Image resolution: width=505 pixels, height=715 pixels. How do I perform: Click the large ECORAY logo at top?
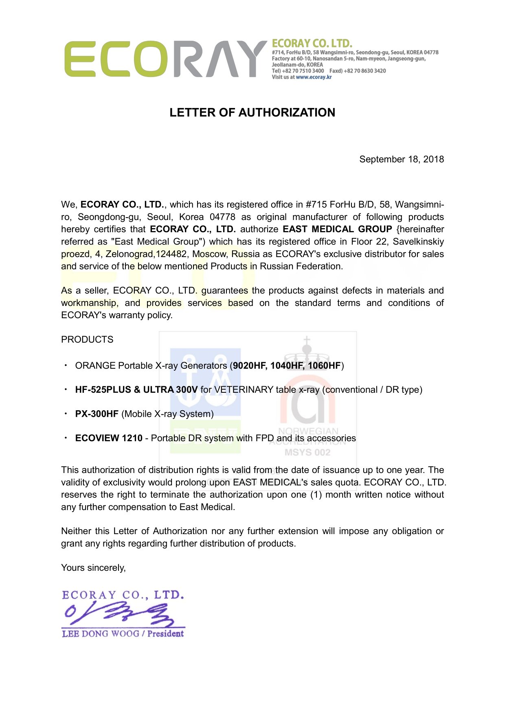165,59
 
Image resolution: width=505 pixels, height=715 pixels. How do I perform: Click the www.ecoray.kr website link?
314,77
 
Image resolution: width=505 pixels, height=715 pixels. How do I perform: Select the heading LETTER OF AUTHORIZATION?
252,112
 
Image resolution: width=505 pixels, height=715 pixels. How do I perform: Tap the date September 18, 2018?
401,159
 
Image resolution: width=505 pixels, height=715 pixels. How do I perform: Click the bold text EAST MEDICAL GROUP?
337,229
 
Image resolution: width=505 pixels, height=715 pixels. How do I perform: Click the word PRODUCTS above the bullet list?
87,339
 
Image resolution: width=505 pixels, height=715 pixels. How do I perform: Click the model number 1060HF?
324,365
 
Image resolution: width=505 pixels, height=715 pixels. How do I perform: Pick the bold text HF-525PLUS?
103,389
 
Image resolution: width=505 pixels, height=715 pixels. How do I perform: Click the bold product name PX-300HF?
97,414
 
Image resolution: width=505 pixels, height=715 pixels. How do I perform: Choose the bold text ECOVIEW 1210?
109,438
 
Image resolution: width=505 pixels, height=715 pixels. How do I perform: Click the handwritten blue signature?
122,614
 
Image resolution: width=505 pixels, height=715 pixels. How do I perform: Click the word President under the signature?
165,634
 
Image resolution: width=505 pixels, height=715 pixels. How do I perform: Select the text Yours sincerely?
93,568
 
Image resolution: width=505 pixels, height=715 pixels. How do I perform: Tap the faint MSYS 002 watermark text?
307,452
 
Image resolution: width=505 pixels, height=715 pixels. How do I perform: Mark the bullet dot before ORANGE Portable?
66,365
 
